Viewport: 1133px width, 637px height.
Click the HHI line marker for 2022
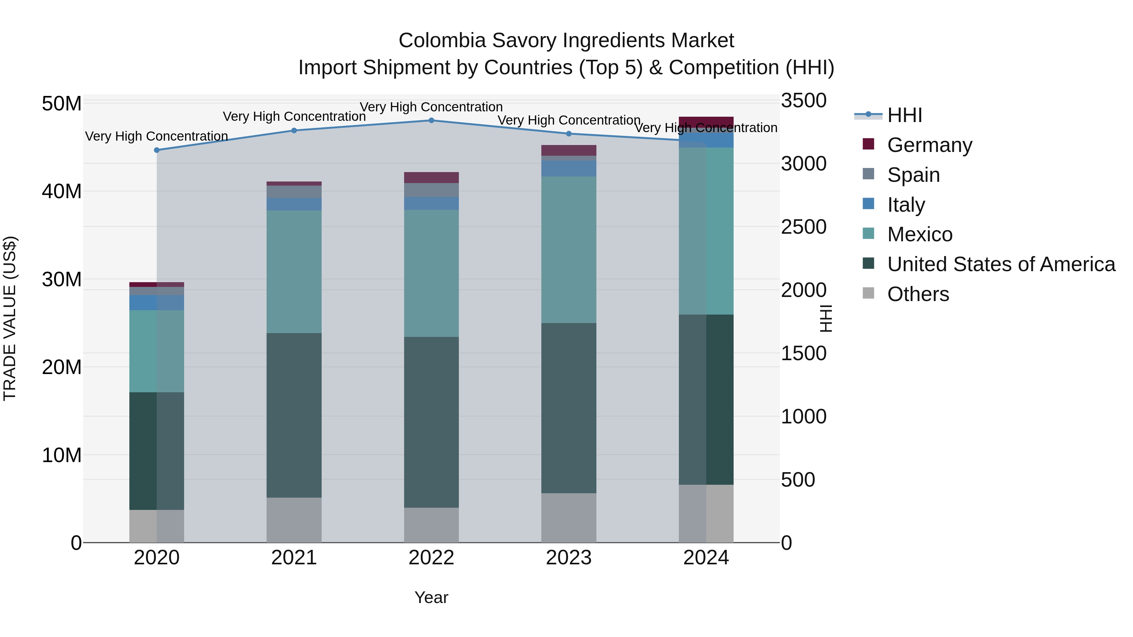431,120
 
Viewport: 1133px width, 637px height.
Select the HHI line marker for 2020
157,150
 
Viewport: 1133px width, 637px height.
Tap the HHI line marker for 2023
568,134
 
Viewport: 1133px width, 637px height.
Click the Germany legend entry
929,145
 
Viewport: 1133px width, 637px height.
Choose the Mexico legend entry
919,234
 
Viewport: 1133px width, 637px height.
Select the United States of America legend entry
1001,264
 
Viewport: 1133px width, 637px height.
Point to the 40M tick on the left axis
62,192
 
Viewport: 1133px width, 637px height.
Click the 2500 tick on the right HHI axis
803,227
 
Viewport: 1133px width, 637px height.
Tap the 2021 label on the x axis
294,558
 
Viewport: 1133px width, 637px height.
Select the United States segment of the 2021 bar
294,416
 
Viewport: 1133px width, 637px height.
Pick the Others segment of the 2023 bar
568,518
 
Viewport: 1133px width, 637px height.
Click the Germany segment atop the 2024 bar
706,122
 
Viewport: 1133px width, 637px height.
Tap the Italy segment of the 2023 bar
568,168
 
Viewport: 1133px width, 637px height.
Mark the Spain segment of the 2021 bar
294,192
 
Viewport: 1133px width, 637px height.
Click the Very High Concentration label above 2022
431,107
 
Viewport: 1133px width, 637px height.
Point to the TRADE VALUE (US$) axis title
10,318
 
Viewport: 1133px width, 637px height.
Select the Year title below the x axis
431,597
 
